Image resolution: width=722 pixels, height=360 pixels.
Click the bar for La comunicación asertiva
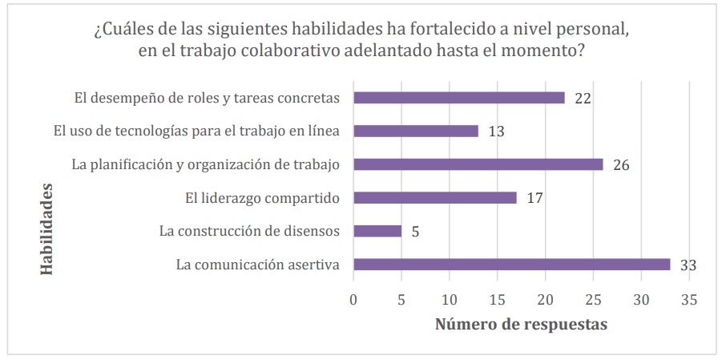click(x=511, y=265)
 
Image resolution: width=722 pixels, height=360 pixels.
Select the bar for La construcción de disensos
click(x=377, y=231)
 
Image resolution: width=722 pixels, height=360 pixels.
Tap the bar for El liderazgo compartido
click(x=435, y=197)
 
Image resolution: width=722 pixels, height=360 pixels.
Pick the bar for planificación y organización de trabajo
click(x=478, y=164)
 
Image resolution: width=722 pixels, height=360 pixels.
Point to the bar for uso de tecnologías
click(x=416, y=131)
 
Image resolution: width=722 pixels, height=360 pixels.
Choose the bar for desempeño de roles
click(x=459, y=98)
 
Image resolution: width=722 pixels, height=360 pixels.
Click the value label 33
click(x=687, y=265)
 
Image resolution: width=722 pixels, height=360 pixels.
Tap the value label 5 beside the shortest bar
click(x=415, y=232)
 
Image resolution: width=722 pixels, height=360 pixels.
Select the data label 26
click(x=621, y=165)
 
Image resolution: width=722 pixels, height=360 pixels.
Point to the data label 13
click(x=496, y=131)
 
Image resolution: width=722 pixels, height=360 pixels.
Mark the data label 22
click(x=583, y=99)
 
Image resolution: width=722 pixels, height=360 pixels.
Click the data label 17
click(x=535, y=198)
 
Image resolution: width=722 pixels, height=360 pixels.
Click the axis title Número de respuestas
click(x=521, y=325)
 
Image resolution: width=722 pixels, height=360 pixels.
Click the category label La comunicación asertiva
click(x=258, y=265)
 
